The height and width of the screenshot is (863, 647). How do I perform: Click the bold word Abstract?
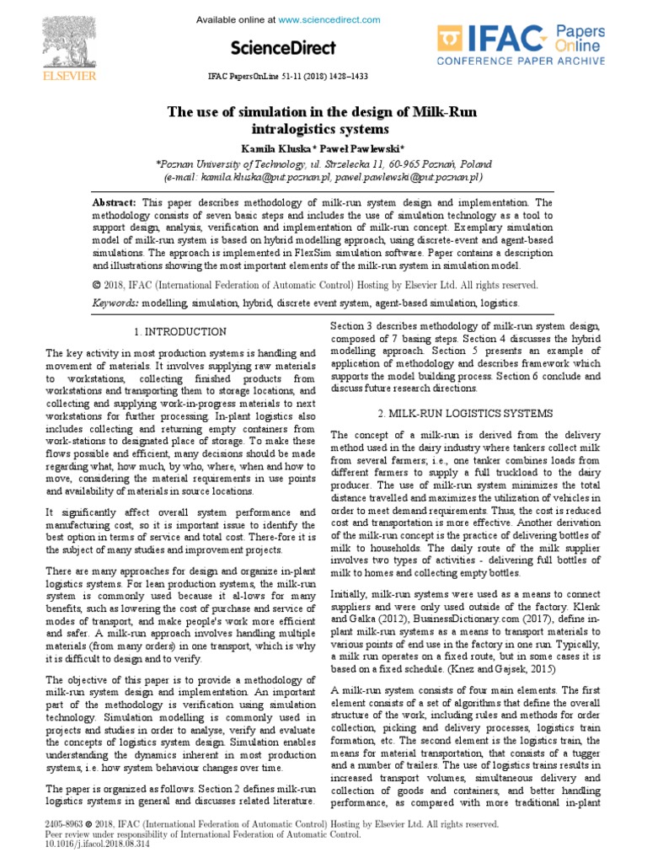[115, 203]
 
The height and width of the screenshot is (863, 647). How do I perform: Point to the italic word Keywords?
[116, 303]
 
